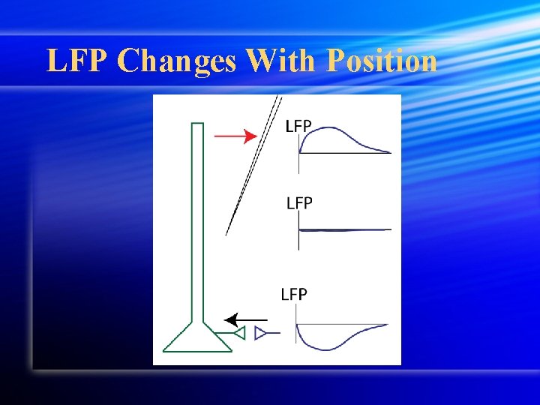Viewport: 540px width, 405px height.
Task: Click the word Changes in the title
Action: pyautogui.click(x=177, y=61)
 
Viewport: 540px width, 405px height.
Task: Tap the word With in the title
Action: pyautogui.click(x=280, y=61)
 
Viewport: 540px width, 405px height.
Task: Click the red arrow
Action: pyautogui.click(x=235, y=136)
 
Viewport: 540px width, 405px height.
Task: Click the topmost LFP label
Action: pyautogui.click(x=298, y=126)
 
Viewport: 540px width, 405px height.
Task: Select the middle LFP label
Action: pyautogui.click(x=300, y=202)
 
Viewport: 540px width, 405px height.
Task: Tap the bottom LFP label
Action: pyautogui.click(x=294, y=294)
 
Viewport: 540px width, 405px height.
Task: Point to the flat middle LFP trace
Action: pyautogui.click(x=345, y=229)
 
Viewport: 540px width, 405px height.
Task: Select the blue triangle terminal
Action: pyautogui.click(x=260, y=332)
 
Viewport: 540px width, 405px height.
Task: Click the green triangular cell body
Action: pyautogui.click(x=197, y=338)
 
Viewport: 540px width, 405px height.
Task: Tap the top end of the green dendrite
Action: pyautogui.click(x=197, y=124)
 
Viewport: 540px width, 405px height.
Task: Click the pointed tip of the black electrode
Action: pyautogui.click(x=226, y=234)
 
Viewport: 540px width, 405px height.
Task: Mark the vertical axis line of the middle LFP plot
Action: pyautogui.click(x=299, y=229)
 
